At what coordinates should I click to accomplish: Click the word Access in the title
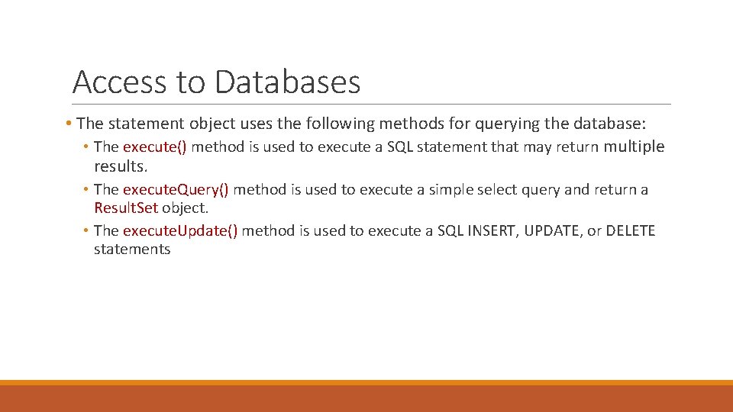point(118,82)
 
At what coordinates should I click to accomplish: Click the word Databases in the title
point(287,82)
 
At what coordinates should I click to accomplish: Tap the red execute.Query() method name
point(176,189)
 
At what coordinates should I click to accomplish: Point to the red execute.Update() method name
point(180,231)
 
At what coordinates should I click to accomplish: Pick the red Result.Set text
point(126,208)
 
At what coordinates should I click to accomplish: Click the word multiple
point(634,147)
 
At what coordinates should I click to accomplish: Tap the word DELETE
point(630,231)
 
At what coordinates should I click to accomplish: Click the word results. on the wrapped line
point(120,166)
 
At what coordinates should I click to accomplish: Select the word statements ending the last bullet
point(132,249)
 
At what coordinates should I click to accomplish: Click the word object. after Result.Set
point(185,208)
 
